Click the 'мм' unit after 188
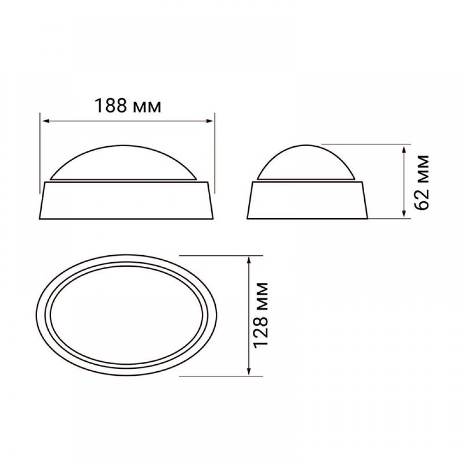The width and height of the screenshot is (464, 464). click(x=147, y=108)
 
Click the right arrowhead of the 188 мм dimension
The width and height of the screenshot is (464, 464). click(x=209, y=121)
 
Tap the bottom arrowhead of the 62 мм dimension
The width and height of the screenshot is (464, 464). click(x=404, y=214)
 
